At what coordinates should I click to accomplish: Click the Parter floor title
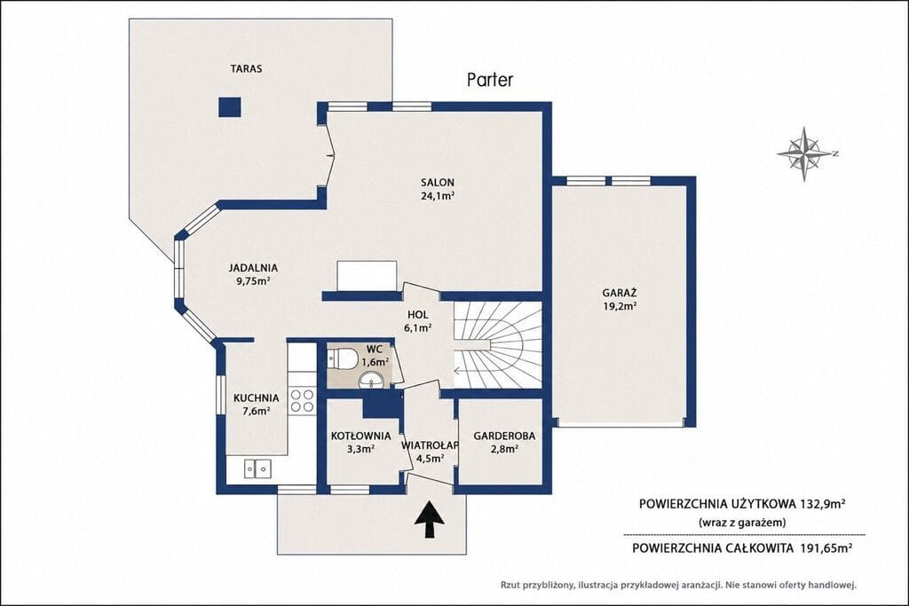pyautogui.click(x=490, y=79)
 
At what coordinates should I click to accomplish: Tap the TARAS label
pyautogui.click(x=246, y=68)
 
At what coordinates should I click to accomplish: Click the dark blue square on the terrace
pyautogui.click(x=230, y=106)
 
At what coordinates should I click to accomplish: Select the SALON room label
pyautogui.click(x=437, y=183)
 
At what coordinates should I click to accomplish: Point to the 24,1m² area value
pyautogui.click(x=437, y=196)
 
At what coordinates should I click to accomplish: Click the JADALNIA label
pyautogui.click(x=253, y=268)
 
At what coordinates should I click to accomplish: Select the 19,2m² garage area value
pyautogui.click(x=619, y=306)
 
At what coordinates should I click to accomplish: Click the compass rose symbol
pyautogui.click(x=805, y=153)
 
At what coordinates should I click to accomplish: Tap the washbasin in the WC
pyautogui.click(x=371, y=380)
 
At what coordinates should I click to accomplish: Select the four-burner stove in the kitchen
pyautogui.click(x=302, y=400)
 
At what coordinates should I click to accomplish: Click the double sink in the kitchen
pyautogui.click(x=257, y=468)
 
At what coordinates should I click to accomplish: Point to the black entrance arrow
pyautogui.click(x=429, y=520)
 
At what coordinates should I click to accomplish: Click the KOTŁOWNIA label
pyautogui.click(x=360, y=436)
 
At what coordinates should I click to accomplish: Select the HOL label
pyautogui.click(x=417, y=315)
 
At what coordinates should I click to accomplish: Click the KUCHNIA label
pyautogui.click(x=257, y=398)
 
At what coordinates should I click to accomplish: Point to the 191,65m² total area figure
pyautogui.click(x=826, y=547)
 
